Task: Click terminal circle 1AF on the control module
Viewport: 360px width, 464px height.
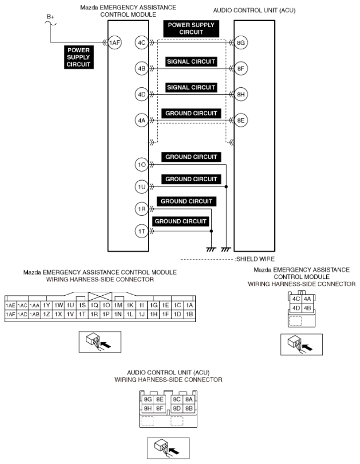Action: click(115, 43)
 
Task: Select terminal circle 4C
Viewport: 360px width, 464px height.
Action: click(141, 43)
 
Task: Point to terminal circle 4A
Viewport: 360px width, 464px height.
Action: click(141, 120)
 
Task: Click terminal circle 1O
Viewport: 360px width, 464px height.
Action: click(141, 164)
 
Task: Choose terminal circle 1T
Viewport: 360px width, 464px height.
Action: click(141, 231)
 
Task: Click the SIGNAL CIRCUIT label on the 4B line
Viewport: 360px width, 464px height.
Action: click(191, 62)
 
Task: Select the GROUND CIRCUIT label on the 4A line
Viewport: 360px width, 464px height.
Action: click(191, 114)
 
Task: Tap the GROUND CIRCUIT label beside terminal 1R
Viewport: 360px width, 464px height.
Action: click(186, 201)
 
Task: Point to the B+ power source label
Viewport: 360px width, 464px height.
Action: click(50, 16)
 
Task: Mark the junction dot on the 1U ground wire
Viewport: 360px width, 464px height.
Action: click(226, 187)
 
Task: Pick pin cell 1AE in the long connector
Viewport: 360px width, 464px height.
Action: click(9, 306)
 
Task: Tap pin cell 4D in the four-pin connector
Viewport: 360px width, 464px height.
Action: click(296, 308)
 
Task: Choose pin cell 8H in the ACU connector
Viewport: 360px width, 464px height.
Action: click(148, 408)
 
